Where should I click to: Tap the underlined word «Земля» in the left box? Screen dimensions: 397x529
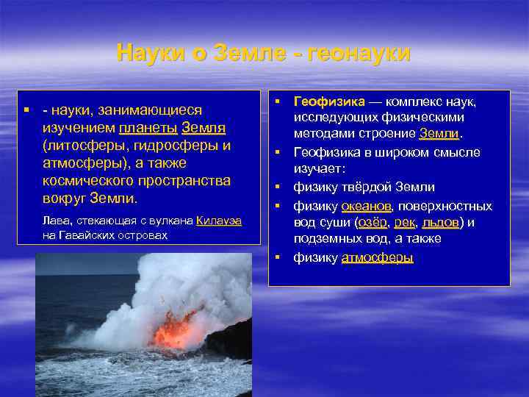click(x=204, y=127)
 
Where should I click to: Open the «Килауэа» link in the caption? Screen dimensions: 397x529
click(x=219, y=221)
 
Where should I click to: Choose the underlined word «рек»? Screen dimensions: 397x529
click(x=404, y=223)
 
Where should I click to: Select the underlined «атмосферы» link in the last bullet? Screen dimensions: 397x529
click(x=377, y=257)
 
